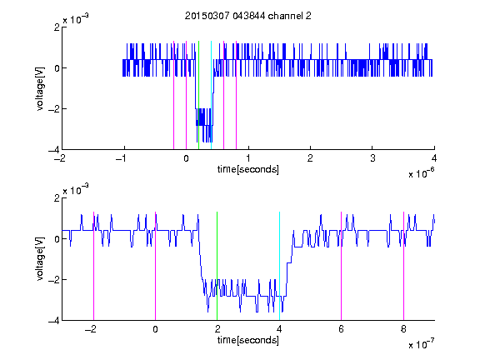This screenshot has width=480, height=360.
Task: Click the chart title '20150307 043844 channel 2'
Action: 248,16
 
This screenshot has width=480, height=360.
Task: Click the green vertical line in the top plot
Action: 198,95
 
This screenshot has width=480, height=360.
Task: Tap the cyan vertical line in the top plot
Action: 211,95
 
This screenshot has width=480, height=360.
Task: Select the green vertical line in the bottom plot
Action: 217,266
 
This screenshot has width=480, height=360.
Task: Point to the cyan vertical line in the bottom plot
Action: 279,266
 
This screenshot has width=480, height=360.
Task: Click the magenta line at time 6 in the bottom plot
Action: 342,266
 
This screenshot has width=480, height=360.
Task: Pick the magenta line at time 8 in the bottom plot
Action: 403,266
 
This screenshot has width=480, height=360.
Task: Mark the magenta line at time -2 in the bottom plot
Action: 93,266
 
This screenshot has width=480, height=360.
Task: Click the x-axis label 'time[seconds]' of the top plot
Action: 248,169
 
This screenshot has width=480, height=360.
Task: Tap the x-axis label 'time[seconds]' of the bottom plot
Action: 248,340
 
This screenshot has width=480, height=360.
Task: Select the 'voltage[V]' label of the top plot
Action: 40,89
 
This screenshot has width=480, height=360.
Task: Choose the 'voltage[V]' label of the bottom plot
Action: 40,259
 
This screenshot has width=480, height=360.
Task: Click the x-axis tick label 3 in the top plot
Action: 372,158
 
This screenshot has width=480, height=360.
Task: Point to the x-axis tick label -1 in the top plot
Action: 122,158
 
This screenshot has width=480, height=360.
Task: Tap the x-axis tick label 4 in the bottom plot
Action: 279,329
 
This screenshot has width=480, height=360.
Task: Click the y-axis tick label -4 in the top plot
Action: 54,150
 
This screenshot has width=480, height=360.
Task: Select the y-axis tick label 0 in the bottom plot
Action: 57,239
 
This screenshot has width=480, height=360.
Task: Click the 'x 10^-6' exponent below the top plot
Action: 421,173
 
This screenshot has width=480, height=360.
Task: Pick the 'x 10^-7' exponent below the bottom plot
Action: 421,344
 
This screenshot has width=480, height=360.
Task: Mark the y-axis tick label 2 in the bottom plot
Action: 57,198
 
